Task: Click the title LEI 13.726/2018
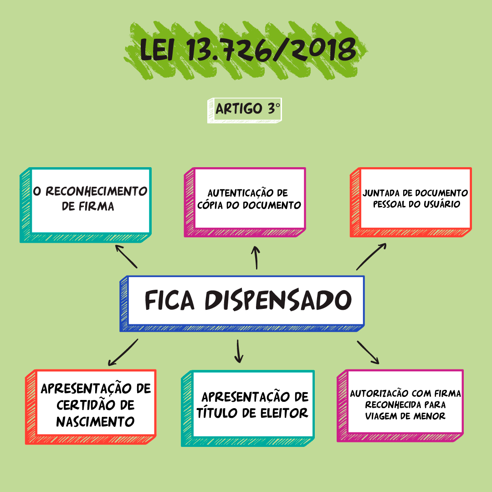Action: point(248,50)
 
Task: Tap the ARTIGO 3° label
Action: point(247,109)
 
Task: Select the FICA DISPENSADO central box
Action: point(242,303)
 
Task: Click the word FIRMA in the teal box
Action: point(96,206)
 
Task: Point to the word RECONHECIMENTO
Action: point(97,191)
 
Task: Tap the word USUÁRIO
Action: point(442,204)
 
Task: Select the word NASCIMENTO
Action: point(95,422)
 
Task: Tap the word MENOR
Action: point(429,416)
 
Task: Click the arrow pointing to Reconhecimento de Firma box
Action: point(126,256)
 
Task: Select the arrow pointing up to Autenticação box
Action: point(256,257)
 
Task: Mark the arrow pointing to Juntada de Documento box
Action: point(371,256)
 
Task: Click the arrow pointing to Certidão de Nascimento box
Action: point(123,352)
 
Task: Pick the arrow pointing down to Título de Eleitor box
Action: point(239,351)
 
